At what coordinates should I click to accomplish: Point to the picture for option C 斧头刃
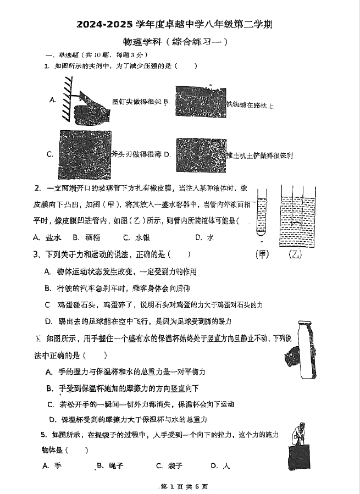pos(85,152)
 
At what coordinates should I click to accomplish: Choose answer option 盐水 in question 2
pos(53,238)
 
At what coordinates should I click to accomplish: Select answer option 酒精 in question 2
pos(92,238)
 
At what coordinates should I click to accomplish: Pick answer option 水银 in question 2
pos(142,238)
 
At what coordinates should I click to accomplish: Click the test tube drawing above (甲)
pos(261,217)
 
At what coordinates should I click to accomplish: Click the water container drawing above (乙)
pos(297,217)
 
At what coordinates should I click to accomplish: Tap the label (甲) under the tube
pos(262,254)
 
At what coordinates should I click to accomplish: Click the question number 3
pos(36,254)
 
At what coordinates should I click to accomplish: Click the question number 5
pos(43,435)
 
